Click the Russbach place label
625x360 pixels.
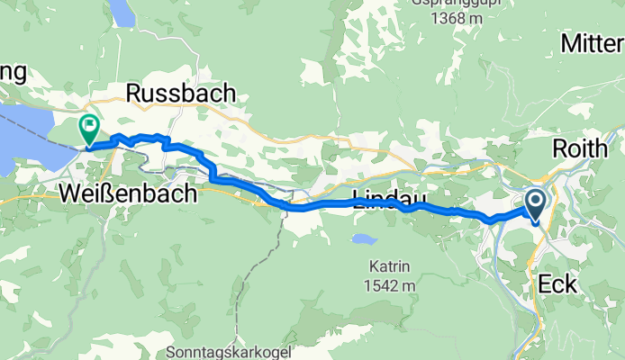click(x=181, y=93)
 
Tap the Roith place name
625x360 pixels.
click(x=587, y=148)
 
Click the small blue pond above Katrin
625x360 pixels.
click(x=363, y=240)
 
